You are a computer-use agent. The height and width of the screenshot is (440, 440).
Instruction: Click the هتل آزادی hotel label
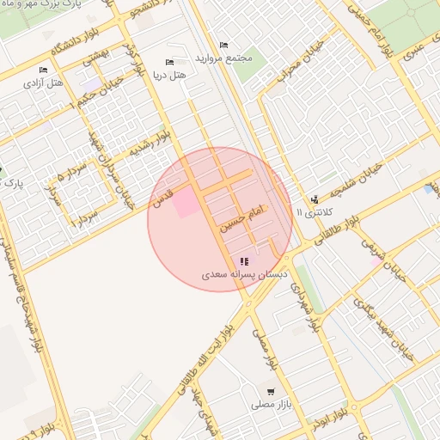45,83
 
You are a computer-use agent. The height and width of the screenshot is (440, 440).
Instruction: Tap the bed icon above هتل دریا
169,63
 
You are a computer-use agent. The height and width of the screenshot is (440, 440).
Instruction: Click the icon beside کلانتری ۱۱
315,199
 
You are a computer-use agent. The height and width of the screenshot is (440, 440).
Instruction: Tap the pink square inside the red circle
186,204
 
